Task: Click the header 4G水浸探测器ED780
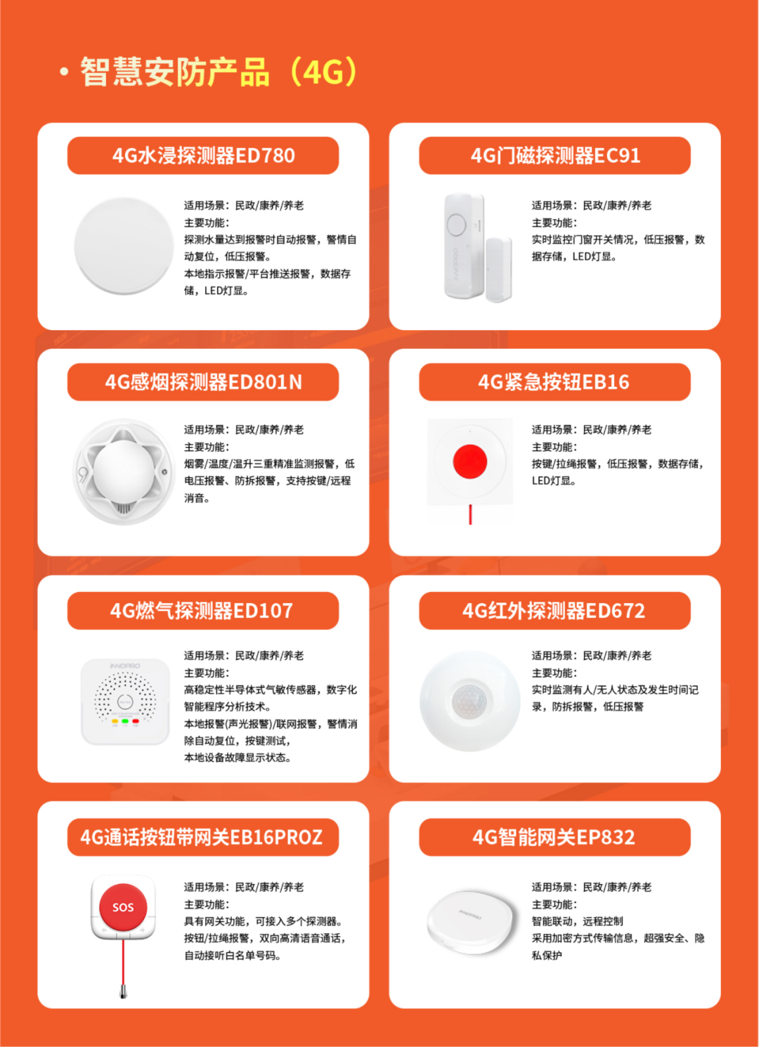pos(203,156)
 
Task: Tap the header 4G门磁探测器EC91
pos(555,156)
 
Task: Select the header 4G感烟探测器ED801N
pos(203,382)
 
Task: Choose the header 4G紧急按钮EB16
pos(554,382)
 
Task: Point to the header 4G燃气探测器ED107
pos(202,610)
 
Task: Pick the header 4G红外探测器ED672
pos(554,610)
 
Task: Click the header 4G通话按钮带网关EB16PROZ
pos(202,837)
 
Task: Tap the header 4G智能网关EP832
pos(554,837)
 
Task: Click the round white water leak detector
pos(124,246)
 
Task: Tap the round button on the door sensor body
pos(456,225)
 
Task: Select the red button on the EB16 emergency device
pos(470,461)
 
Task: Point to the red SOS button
pos(123,907)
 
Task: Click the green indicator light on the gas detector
pos(125,721)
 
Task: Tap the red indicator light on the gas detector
pos(136,721)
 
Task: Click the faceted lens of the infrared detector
pos(469,701)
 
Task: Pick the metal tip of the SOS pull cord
pos(124,992)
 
